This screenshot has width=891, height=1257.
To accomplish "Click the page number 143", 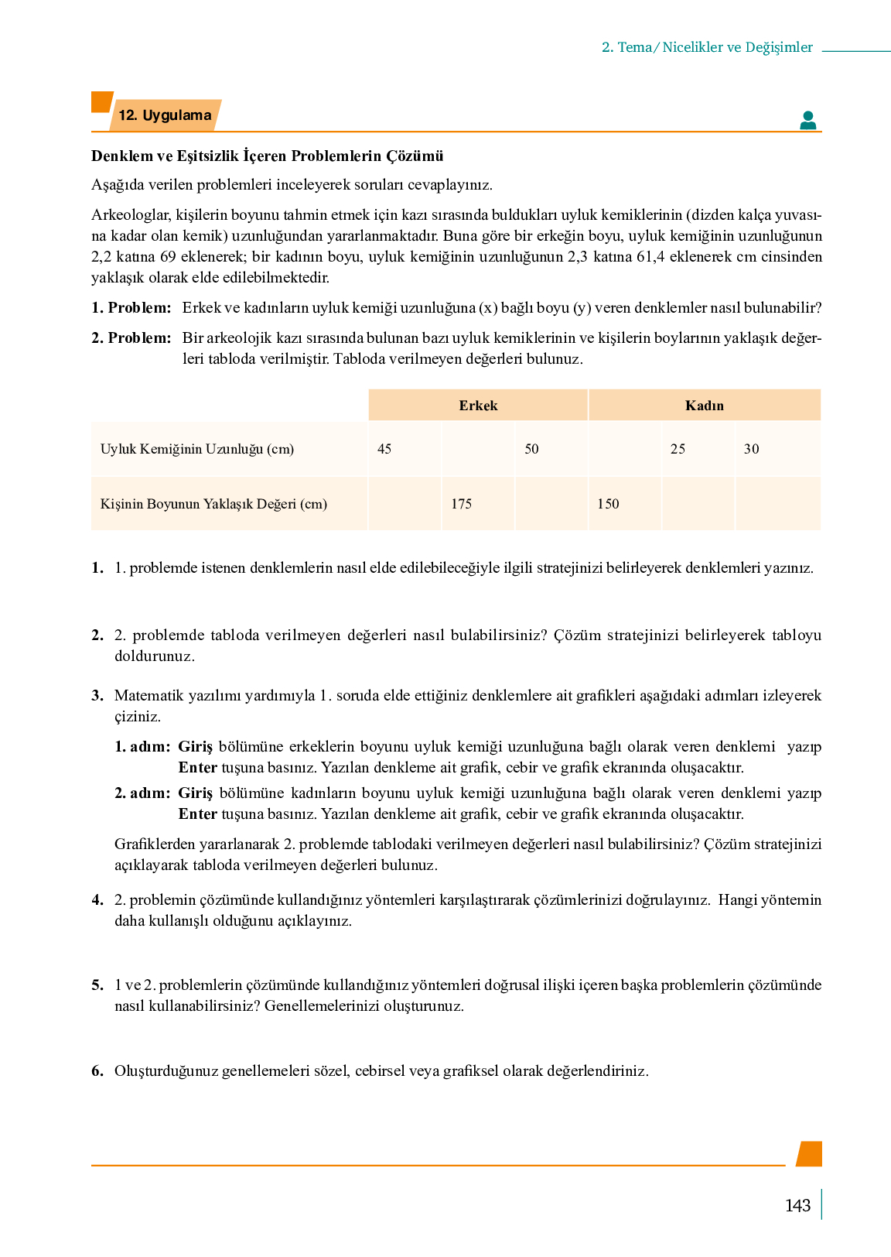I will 797,1205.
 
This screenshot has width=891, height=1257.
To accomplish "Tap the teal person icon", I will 808,120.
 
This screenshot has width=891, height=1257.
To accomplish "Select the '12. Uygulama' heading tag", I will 165,115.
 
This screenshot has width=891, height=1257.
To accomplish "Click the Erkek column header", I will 478,406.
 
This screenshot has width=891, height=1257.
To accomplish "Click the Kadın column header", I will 704,406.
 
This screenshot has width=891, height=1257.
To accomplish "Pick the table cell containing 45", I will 384,449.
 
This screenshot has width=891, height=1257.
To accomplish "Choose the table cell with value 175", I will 461,504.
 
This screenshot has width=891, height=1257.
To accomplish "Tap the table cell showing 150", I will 608,504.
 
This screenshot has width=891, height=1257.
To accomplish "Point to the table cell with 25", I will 678,449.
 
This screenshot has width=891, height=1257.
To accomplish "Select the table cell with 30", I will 751,449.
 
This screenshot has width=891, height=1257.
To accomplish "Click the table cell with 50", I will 531,449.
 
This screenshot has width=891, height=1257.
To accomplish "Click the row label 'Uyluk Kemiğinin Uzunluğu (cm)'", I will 197,449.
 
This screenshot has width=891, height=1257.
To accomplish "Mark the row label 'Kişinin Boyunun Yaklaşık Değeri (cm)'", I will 213,504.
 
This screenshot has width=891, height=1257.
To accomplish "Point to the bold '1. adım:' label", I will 142,746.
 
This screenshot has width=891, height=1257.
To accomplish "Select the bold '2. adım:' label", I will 142,793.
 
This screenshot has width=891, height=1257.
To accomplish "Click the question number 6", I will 97,1070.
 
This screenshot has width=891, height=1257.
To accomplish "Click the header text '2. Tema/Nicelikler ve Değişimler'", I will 707,47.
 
